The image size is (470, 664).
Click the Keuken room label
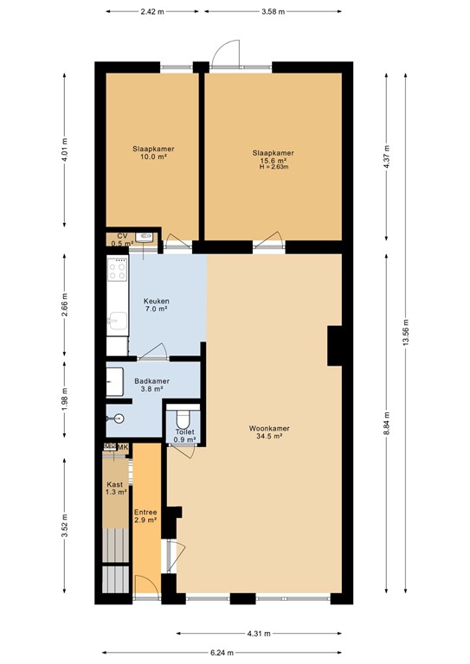pos(156,304)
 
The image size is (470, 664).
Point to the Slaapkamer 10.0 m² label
pos(153,153)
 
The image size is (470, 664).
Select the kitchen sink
pos(114,323)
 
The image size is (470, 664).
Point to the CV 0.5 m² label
pos(122,239)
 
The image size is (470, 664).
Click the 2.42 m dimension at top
pos(153,12)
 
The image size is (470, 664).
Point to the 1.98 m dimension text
pos(66,402)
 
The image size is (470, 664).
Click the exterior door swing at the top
pos(223,54)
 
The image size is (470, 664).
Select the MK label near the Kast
pos(124,447)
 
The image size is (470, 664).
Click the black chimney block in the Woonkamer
pos(336,346)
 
